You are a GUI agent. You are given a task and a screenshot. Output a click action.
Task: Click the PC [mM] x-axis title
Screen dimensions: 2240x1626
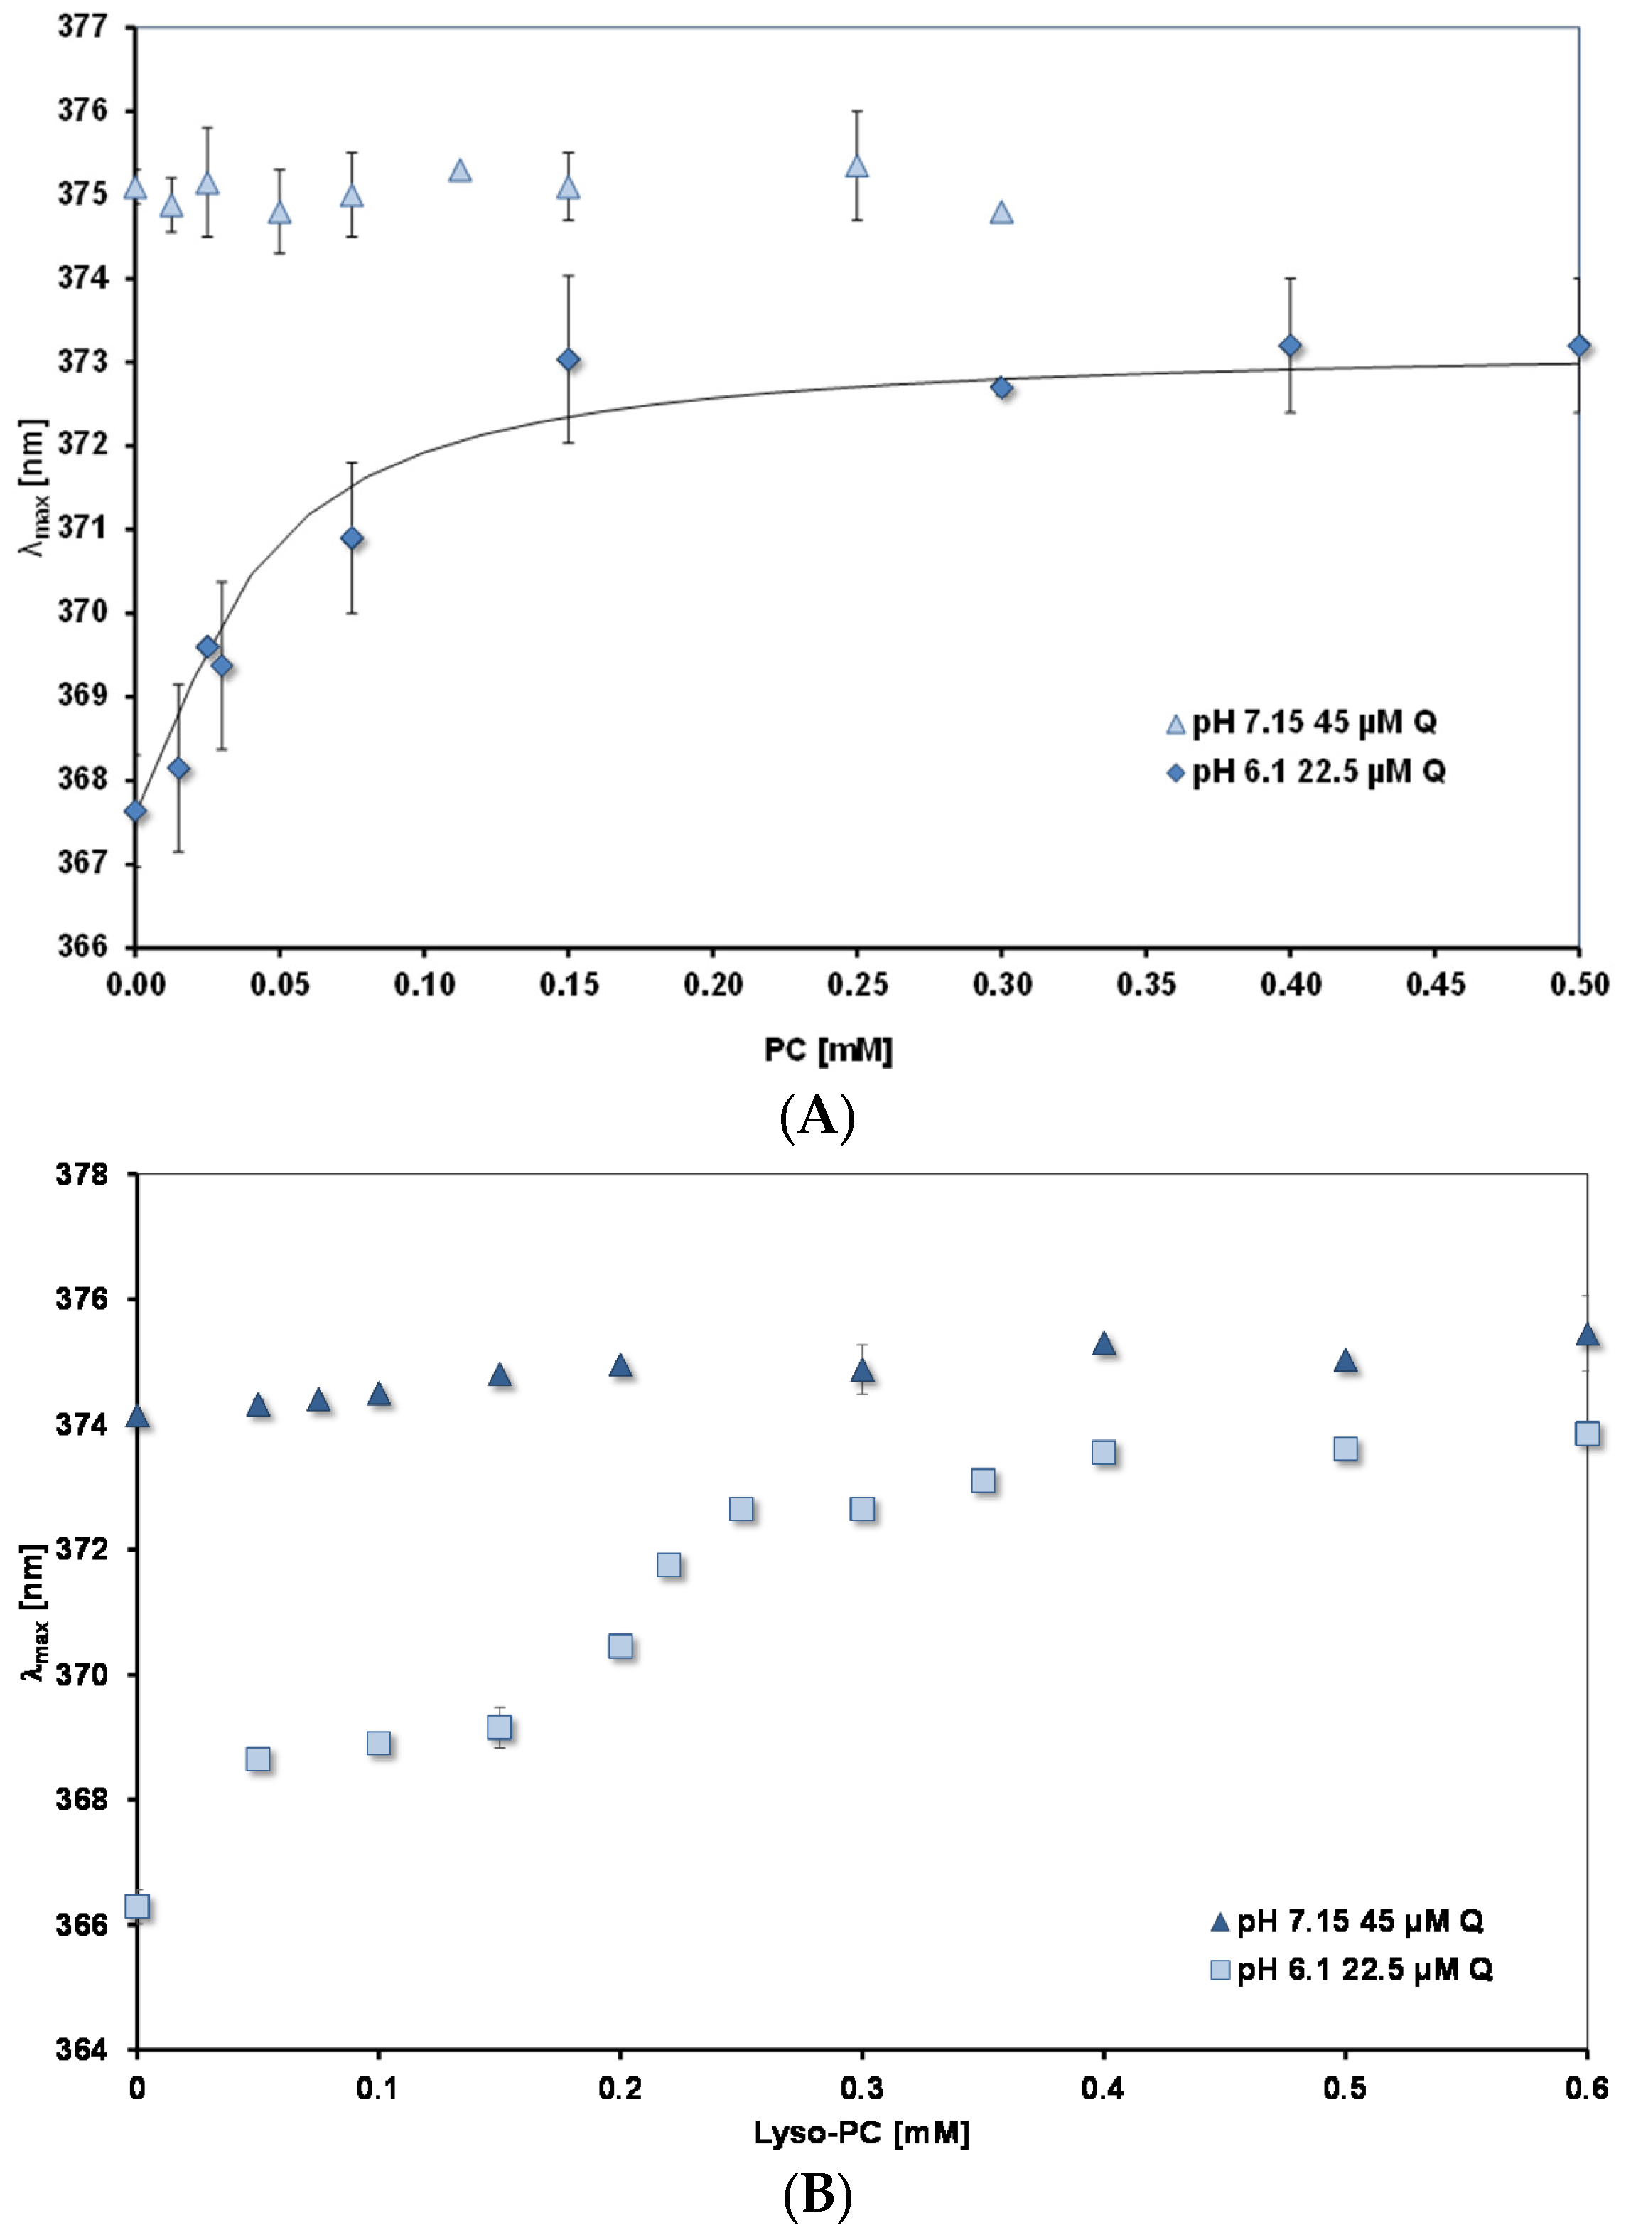pyautogui.click(x=827, y=1049)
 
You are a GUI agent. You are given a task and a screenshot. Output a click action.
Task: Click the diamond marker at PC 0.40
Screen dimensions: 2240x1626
pyautogui.click(x=1289, y=346)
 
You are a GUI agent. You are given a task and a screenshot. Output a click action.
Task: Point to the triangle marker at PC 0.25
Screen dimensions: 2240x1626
pyautogui.click(x=857, y=166)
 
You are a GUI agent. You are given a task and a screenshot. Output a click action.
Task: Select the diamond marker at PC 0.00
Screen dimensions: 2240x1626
pyautogui.click(x=136, y=812)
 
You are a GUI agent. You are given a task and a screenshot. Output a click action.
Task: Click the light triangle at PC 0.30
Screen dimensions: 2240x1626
pyautogui.click(x=1001, y=213)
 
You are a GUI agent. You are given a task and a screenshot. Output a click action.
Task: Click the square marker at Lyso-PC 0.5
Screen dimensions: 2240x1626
pyautogui.click(x=1345, y=1449)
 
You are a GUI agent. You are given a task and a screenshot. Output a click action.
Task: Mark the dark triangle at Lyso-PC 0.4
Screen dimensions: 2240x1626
pyautogui.click(x=1104, y=1344)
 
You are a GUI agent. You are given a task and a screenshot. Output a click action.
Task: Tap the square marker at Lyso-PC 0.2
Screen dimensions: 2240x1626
pyautogui.click(x=620, y=1646)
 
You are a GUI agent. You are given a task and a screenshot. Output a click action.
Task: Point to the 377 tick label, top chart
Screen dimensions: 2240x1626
pyautogui.click(x=83, y=27)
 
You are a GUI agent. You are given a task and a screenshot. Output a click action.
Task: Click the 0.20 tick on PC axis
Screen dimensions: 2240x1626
pyautogui.click(x=713, y=985)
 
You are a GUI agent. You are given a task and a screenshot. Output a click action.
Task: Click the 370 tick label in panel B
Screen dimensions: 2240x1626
pyautogui.click(x=83, y=1674)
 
